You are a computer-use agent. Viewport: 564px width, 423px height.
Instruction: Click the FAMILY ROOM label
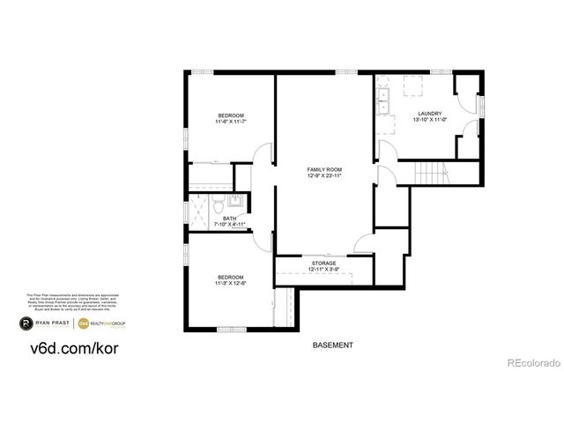(323, 168)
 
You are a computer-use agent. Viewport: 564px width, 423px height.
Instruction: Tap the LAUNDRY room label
(429, 113)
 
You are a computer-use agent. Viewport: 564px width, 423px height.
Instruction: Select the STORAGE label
(323, 263)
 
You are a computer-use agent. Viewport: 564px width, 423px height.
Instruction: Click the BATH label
(229, 219)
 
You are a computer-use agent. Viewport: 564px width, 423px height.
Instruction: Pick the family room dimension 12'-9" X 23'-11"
(323, 175)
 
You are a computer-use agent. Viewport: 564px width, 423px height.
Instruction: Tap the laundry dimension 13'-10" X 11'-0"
(429, 120)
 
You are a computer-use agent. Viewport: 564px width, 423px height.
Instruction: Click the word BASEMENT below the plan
(333, 345)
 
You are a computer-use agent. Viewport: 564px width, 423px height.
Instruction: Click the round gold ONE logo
(85, 323)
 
